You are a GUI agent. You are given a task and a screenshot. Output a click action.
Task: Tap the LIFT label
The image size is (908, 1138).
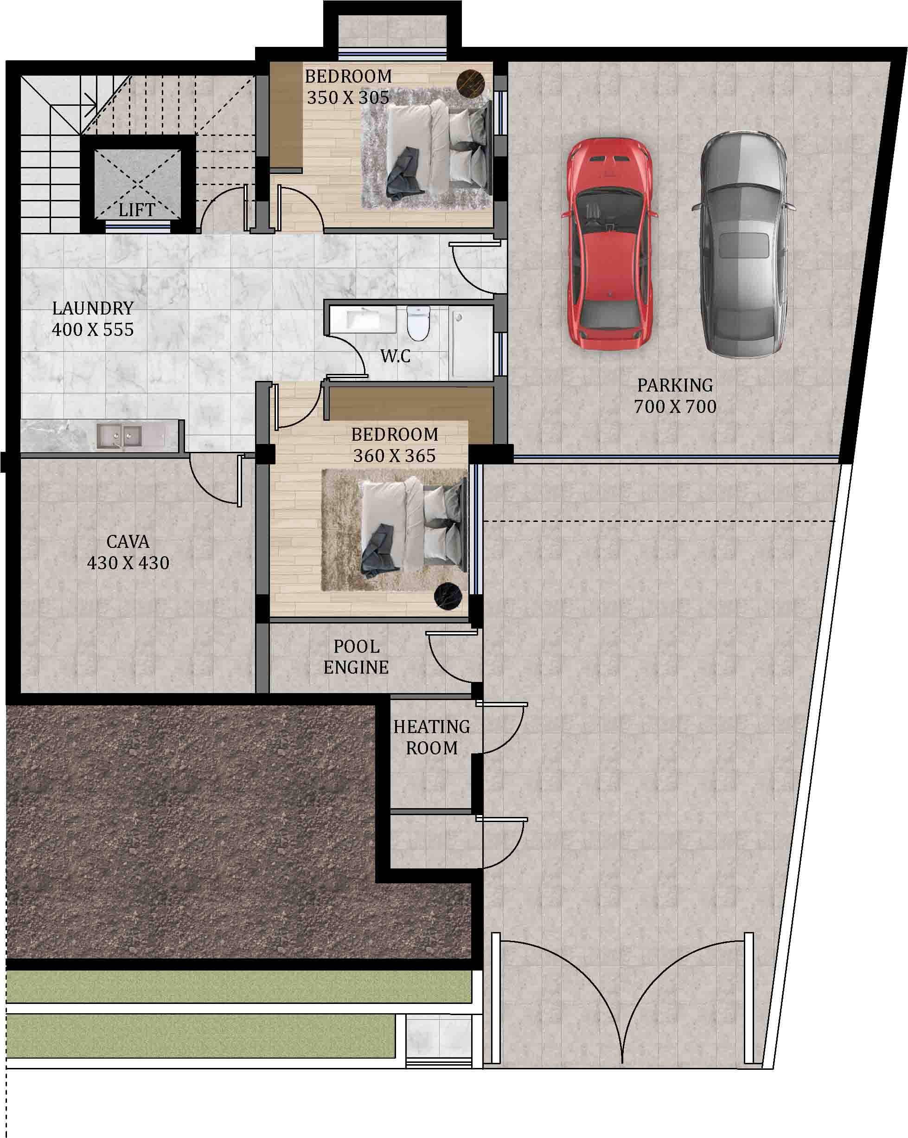(x=137, y=210)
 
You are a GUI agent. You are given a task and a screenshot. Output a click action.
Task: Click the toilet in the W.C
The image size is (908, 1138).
(x=419, y=323)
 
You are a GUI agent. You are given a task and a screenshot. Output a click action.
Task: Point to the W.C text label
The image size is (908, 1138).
(x=395, y=356)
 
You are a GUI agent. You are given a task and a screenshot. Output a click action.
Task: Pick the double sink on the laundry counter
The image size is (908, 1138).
(x=119, y=436)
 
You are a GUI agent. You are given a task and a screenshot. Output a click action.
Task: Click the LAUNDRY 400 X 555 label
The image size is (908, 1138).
(x=93, y=319)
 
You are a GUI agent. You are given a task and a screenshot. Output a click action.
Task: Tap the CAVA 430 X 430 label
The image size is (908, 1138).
(x=128, y=552)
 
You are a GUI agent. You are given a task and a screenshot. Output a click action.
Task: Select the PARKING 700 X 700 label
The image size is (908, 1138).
(x=675, y=396)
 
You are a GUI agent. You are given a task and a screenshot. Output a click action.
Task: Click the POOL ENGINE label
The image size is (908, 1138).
(x=356, y=656)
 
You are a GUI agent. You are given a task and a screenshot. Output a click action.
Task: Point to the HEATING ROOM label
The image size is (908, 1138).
(x=432, y=737)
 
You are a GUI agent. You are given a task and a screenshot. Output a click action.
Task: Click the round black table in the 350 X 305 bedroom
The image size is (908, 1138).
(x=471, y=84)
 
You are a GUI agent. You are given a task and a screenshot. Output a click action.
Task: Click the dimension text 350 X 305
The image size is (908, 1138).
(x=348, y=97)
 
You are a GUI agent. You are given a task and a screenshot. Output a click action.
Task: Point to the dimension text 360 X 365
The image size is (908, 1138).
(x=395, y=456)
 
